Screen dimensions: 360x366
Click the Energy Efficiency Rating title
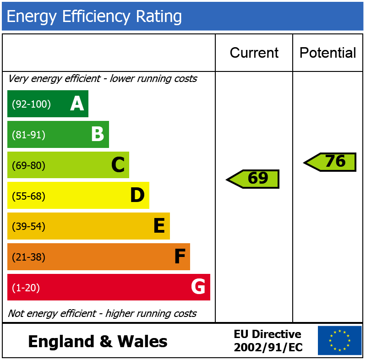click(x=94, y=16)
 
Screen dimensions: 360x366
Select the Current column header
click(x=254, y=53)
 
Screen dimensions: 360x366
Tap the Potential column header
click(x=328, y=53)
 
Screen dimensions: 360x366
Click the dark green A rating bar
click(x=48, y=104)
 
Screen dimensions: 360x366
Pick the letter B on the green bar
click(x=97, y=135)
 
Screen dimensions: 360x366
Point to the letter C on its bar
click(x=118, y=165)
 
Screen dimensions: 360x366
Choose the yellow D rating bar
click(x=78, y=196)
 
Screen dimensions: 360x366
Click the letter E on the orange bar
click(x=158, y=226)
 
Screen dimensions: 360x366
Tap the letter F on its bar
click(x=180, y=257)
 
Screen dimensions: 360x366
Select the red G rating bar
click(x=109, y=287)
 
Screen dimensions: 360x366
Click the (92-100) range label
click(x=31, y=104)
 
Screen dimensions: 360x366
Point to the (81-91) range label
click(x=28, y=135)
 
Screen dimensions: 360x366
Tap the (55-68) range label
click(x=28, y=196)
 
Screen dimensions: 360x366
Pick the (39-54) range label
click(x=28, y=227)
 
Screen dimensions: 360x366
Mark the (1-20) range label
click(x=26, y=288)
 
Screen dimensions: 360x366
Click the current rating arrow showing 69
click(x=253, y=179)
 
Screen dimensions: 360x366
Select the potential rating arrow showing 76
click(x=330, y=162)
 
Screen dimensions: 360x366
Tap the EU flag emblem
click(x=339, y=340)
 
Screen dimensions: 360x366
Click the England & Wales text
click(x=98, y=342)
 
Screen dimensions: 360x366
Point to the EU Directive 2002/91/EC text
click(x=268, y=341)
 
